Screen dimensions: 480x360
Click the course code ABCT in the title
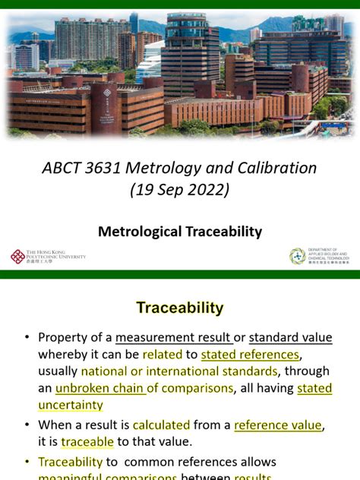coord(65,168)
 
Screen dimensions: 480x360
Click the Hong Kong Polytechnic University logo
coord(47,257)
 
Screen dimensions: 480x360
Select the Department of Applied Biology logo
coord(319,257)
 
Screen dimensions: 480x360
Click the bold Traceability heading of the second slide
coord(180,308)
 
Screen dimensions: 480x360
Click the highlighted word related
coord(163,355)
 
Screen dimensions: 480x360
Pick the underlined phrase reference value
coord(278,425)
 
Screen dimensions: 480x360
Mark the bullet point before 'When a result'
coord(27,425)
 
